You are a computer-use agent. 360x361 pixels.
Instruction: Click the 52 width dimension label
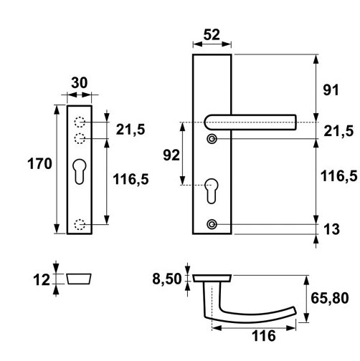point(212,35)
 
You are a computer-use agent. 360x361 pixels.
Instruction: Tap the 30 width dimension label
point(80,83)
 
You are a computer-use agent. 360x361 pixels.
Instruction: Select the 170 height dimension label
point(39,164)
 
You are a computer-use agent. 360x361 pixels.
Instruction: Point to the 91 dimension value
point(331,90)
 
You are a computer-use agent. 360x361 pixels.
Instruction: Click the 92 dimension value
point(171,155)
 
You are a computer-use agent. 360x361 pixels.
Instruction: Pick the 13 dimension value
point(331,229)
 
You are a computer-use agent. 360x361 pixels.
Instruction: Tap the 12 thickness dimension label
point(42,280)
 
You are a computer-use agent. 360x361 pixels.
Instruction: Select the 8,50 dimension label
point(167,279)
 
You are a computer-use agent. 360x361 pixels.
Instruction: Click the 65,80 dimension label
point(330,298)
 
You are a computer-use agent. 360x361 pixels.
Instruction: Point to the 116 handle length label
point(264,336)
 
